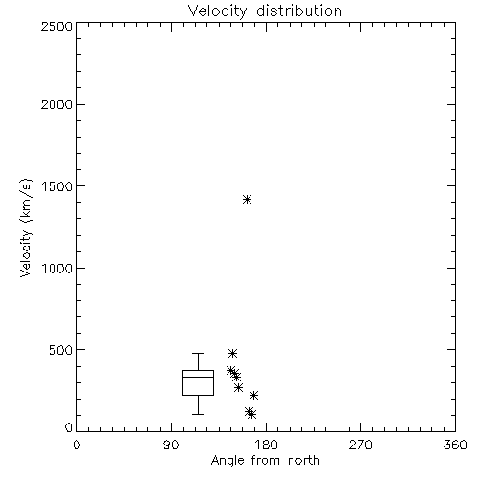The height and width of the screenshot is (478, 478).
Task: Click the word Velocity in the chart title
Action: tap(218, 11)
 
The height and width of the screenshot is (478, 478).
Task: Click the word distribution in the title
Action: tap(299, 11)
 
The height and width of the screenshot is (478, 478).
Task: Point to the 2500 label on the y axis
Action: tap(56, 26)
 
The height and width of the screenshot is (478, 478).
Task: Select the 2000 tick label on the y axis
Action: tap(56, 104)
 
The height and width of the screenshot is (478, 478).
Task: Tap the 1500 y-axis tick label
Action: tap(57, 186)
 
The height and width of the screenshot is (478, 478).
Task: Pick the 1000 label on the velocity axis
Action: tap(57, 268)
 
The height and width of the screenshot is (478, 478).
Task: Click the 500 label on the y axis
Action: tap(61, 350)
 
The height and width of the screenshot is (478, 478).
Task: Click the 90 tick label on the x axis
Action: tap(171, 445)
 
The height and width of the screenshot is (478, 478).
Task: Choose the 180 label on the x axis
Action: tap(266, 445)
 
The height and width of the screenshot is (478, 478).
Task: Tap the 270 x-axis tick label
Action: tap(360, 445)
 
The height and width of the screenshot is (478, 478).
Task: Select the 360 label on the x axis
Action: tap(455, 445)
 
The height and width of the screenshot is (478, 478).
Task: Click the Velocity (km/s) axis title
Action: tap(26, 228)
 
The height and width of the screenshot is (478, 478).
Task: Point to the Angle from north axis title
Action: tap(266, 461)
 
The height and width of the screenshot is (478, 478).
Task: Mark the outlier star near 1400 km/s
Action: tap(247, 200)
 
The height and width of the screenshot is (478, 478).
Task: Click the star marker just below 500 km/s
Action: tap(232, 353)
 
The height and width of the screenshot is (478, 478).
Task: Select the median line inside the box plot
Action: tap(198, 377)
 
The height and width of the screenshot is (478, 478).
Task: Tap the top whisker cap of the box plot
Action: tap(198, 353)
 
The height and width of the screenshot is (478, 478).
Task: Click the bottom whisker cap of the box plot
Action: tap(198, 414)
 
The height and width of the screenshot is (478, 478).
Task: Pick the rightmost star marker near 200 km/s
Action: tap(253, 396)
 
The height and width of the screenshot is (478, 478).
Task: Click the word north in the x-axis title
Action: tap(304, 461)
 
